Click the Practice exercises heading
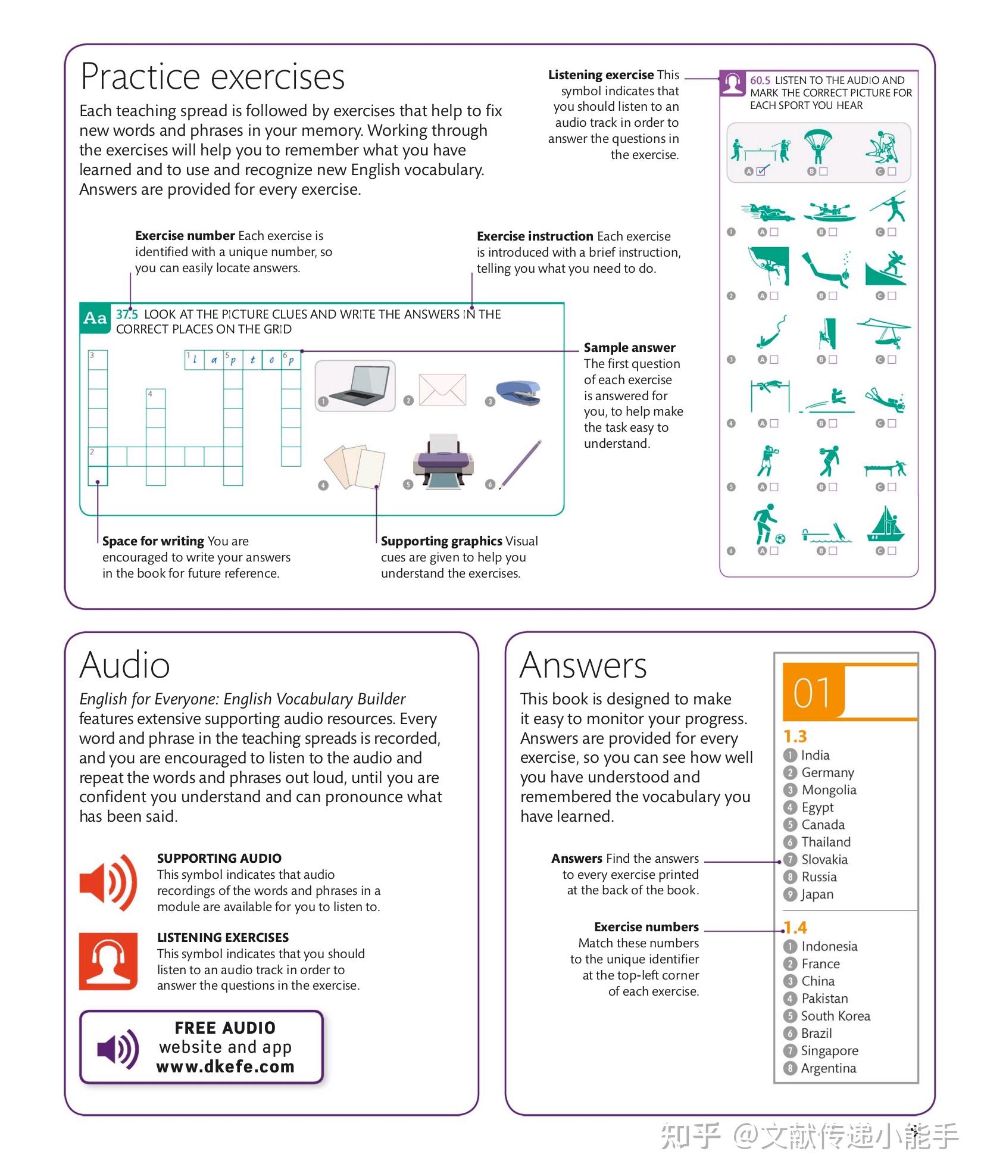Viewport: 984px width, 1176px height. [x=212, y=77]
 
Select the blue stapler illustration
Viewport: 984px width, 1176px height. [x=518, y=394]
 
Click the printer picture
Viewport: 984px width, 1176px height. [x=443, y=461]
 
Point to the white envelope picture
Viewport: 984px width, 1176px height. [x=442, y=389]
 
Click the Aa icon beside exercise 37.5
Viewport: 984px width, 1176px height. [x=95, y=318]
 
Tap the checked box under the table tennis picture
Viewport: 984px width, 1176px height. [x=763, y=171]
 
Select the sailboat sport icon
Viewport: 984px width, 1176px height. [x=886, y=524]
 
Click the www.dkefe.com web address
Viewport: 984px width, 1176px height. [x=225, y=1066]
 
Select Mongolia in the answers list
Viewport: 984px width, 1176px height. [x=828, y=790]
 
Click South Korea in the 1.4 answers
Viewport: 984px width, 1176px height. [x=835, y=1016]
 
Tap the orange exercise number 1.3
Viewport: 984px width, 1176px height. [x=795, y=737]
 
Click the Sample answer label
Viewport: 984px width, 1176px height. [x=629, y=348]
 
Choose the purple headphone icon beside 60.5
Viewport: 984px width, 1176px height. [x=732, y=83]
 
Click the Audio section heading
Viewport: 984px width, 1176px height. [x=124, y=665]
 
